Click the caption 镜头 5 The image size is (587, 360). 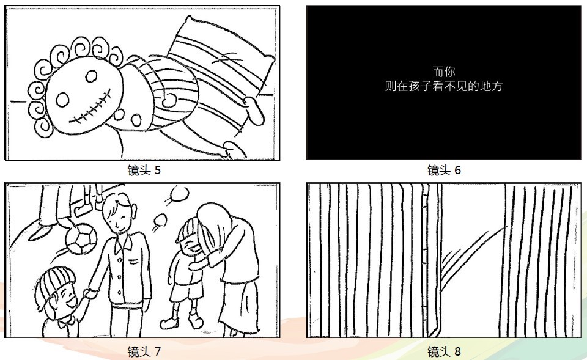point(144,171)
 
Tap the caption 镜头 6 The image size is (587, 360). point(444,171)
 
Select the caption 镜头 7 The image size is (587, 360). point(144,351)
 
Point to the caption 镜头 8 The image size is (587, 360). point(444,351)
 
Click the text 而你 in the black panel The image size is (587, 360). point(444,71)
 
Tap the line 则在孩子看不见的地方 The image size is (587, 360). point(444,86)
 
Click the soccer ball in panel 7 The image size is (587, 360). point(81,238)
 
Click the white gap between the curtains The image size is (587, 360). point(473,258)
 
